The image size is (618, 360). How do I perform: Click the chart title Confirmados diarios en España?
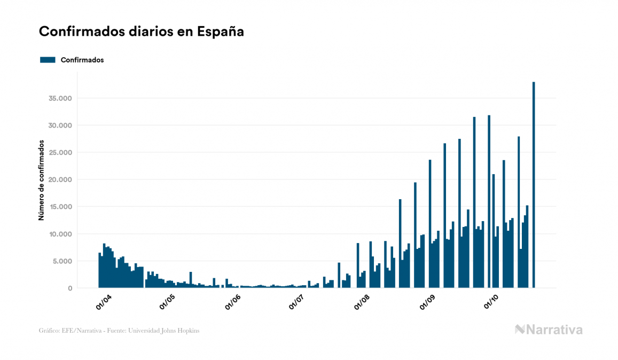point(142,32)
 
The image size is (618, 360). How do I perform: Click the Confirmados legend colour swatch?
point(48,60)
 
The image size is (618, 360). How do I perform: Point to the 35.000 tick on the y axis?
point(59,98)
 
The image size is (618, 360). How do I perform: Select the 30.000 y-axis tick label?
point(59,126)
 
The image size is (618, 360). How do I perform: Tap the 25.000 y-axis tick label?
point(59,153)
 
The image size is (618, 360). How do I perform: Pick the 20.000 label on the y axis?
point(59,180)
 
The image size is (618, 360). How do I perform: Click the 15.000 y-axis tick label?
point(59,207)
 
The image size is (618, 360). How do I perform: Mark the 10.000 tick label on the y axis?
point(59,234)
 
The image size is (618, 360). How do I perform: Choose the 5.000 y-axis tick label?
point(61,261)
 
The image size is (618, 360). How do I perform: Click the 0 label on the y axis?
point(69,288)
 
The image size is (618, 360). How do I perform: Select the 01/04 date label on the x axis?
point(103,302)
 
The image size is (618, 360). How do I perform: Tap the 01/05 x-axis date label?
point(167,302)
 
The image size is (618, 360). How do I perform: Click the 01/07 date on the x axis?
point(296,302)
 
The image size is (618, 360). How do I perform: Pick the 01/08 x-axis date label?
point(362,302)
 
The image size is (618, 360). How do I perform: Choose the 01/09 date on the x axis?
point(427,302)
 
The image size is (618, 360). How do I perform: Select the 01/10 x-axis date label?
point(491,302)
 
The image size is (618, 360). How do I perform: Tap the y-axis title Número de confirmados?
point(41,180)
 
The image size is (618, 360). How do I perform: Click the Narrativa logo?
point(549,330)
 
